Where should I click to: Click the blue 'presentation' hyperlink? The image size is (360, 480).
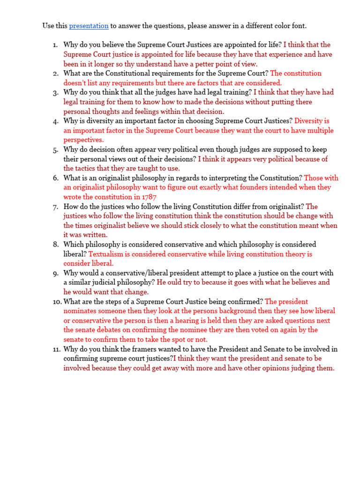click(x=89, y=26)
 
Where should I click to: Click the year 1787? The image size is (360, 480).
click(x=148, y=197)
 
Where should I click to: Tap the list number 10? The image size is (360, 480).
click(x=56, y=301)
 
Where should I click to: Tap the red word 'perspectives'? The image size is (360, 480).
click(x=83, y=140)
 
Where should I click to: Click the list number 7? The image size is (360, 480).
click(x=56, y=206)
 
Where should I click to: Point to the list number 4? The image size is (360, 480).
click(x=56, y=120)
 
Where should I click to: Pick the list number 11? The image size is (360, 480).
click(x=56, y=349)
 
